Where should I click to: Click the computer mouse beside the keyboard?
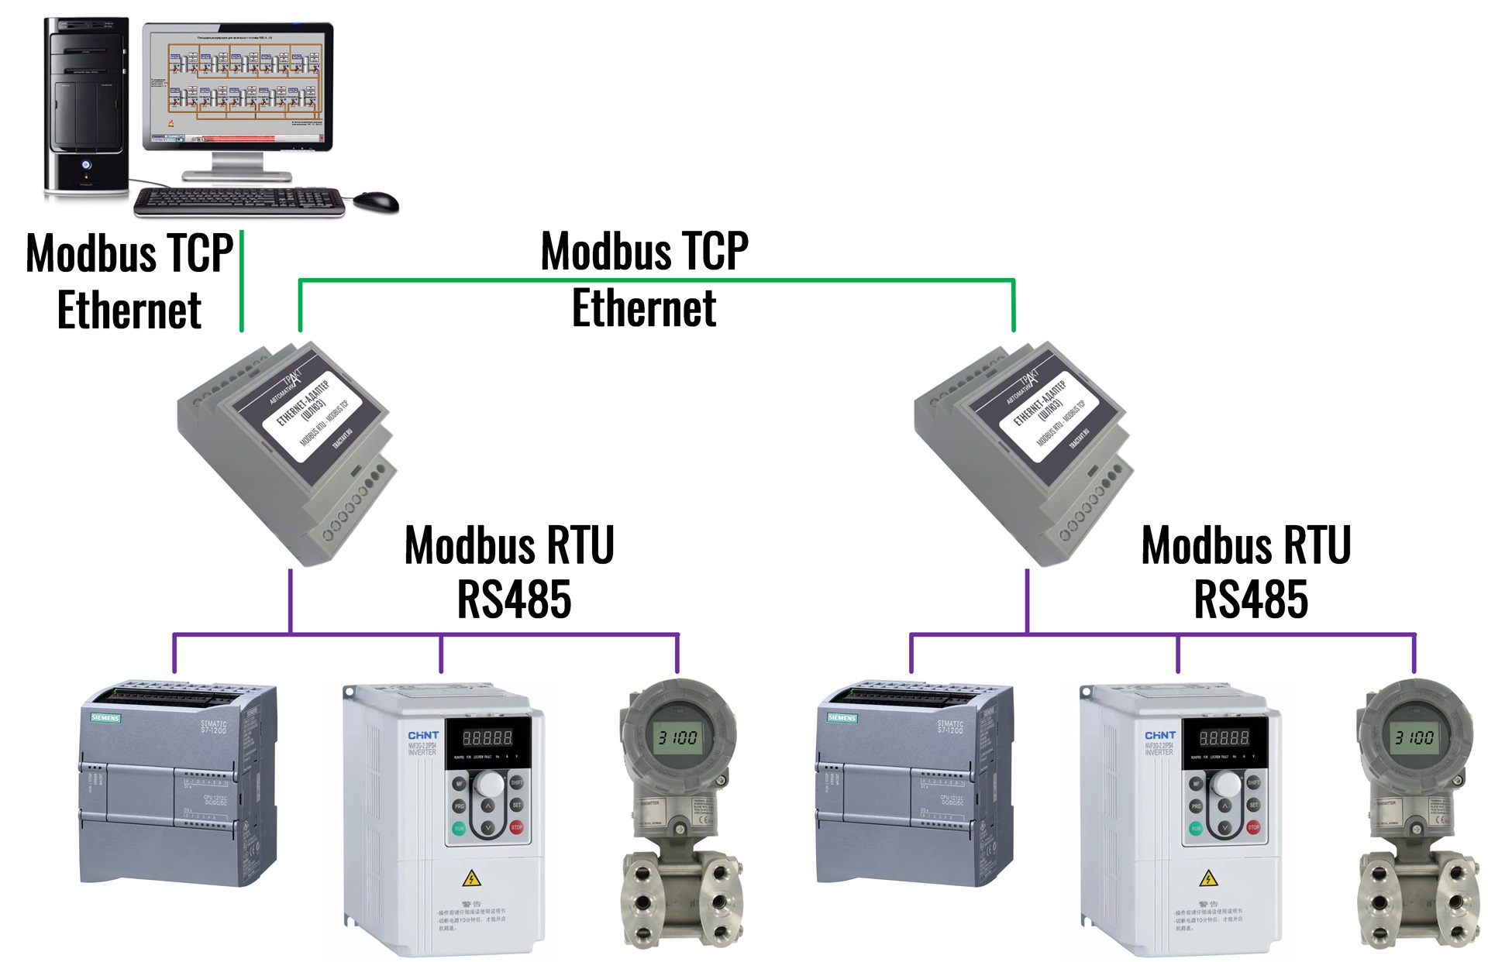[x=377, y=201]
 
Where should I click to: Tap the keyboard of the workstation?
[x=239, y=201]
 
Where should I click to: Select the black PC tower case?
[x=86, y=105]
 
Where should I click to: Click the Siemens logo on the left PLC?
[x=105, y=718]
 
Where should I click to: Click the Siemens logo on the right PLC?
[x=842, y=718]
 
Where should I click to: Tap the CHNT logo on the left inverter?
[x=423, y=735]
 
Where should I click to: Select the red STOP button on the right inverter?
[x=1253, y=828]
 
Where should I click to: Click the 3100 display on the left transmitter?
[x=677, y=737]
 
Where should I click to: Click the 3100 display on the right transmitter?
[x=1414, y=737]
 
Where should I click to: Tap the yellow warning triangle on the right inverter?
[x=1208, y=878]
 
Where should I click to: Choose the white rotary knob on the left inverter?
[x=489, y=785]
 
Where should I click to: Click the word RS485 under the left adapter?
[x=514, y=600]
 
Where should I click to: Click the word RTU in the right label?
[x=1317, y=545]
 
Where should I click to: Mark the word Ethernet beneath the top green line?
[x=644, y=308]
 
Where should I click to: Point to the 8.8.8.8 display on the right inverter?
[x=1224, y=737]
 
